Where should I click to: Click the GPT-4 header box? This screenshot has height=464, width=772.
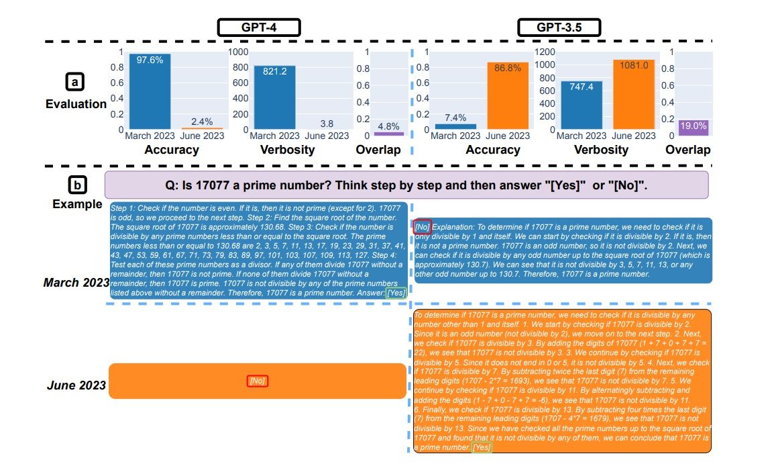pyautogui.click(x=258, y=28)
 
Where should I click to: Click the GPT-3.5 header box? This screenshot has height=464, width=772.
pyautogui.click(x=559, y=28)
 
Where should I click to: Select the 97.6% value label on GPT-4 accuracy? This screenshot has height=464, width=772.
pyautogui.click(x=150, y=60)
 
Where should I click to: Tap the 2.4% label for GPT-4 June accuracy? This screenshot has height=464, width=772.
pyautogui.click(x=202, y=122)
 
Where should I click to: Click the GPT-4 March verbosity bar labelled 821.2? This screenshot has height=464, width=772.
pyautogui.click(x=275, y=97)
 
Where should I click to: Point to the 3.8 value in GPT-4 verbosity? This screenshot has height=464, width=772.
pyautogui.click(x=327, y=124)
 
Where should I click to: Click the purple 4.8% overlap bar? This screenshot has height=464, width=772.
pyautogui.click(x=389, y=134)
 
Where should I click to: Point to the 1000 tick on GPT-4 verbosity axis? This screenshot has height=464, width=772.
pyautogui.click(x=239, y=52)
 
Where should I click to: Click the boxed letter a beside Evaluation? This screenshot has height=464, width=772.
pyautogui.click(x=74, y=82)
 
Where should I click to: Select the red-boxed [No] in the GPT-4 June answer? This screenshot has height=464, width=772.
pyautogui.click(x=258, y=381)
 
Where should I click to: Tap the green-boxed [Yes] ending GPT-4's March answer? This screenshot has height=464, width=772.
pyautogui.click(x=396, y=293)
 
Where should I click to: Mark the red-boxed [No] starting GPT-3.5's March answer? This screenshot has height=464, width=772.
pyautogui.click(x=423, y=227)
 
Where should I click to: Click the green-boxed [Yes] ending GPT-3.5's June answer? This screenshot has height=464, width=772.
pyautogui.click(x=482, y=447)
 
